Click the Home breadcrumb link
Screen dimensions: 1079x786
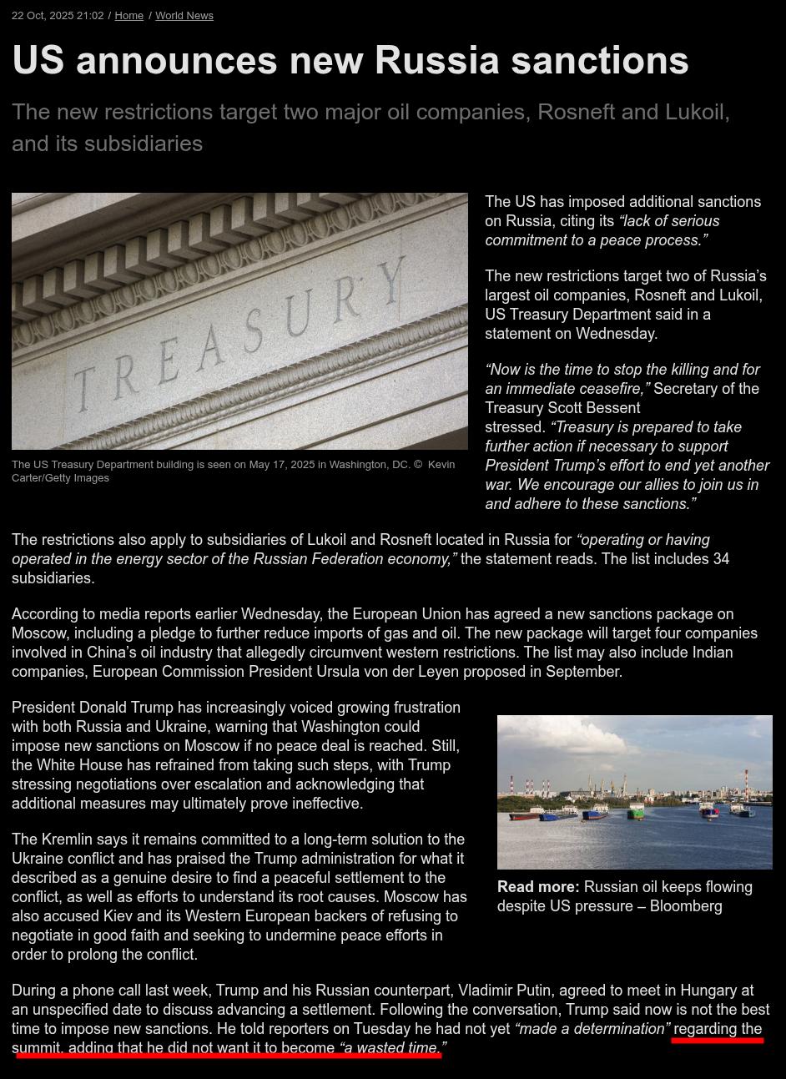click(x=128, y=16)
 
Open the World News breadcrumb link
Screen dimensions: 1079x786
click(x=184, y=16)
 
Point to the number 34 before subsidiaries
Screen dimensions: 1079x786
click(x=721, y=559)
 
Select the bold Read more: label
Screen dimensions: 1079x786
click(x=538, y=887)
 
